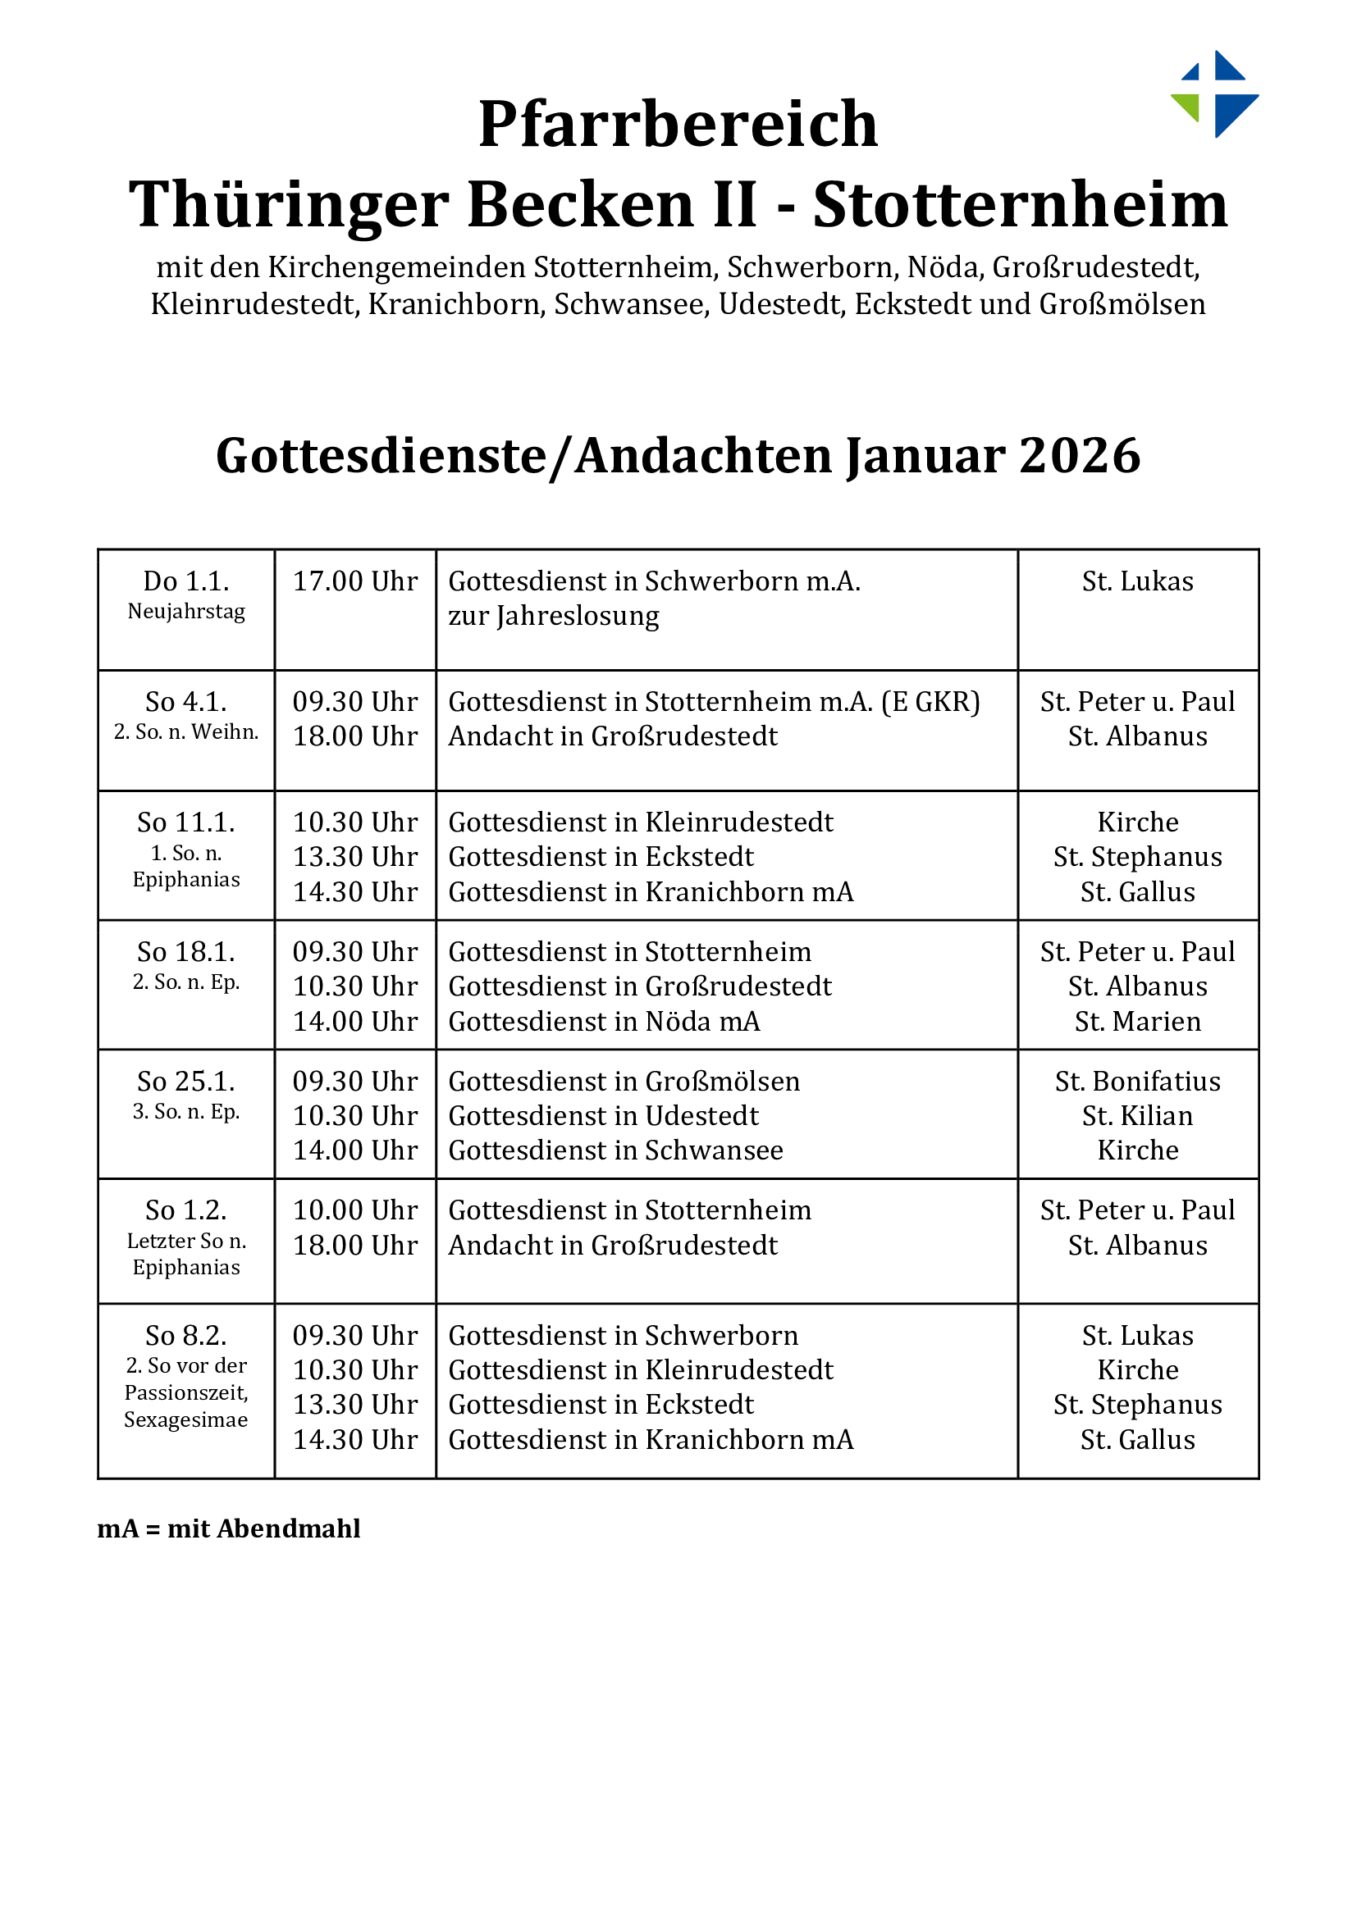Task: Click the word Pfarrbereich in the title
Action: click(678, 124)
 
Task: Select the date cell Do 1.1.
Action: click(185, 581)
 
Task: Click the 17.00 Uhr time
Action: click(354, 581)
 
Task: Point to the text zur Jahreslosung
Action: click(553, 616)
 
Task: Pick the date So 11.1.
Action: click(185, 822)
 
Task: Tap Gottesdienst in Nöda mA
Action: click(603, 1021)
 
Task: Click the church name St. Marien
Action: click(1137, 1021)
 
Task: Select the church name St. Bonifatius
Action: click(1137, 1081)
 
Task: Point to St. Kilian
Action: click(1137, 1115)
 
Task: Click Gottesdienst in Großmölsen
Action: click(624, 1081)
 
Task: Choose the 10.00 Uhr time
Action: click(354, 1210)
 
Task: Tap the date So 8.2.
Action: click(185, 1335)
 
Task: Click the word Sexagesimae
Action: click(185, 1419)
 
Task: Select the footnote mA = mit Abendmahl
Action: click(228, 1528)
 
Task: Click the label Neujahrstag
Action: click(185, 612)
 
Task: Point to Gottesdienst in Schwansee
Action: click(615, 1150)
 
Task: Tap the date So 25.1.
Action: click(185, 1081)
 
